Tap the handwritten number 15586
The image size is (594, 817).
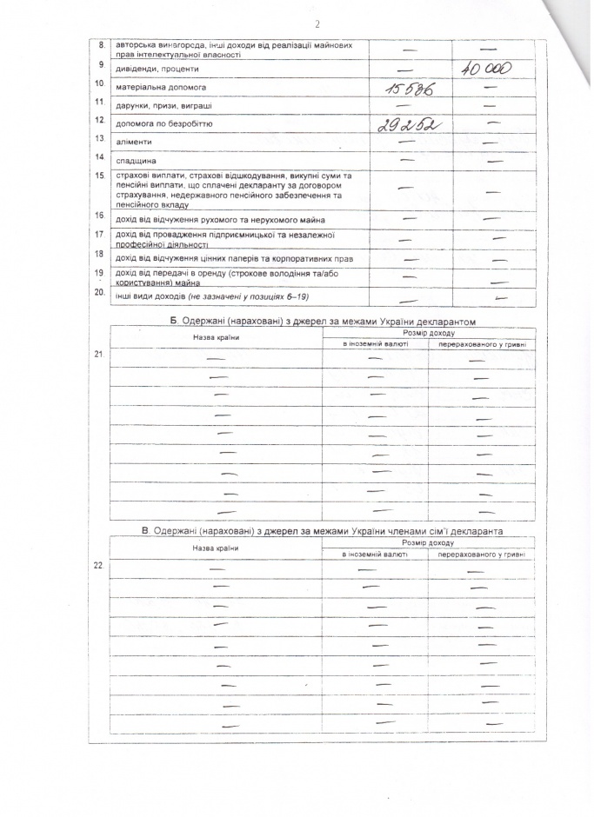pyautogui.click(x=404, y=89)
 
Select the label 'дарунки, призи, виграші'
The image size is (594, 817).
pyautogui.click(x=164, y=105)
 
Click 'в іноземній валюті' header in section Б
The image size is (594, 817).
pyautogui.click(x=374, y=345)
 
